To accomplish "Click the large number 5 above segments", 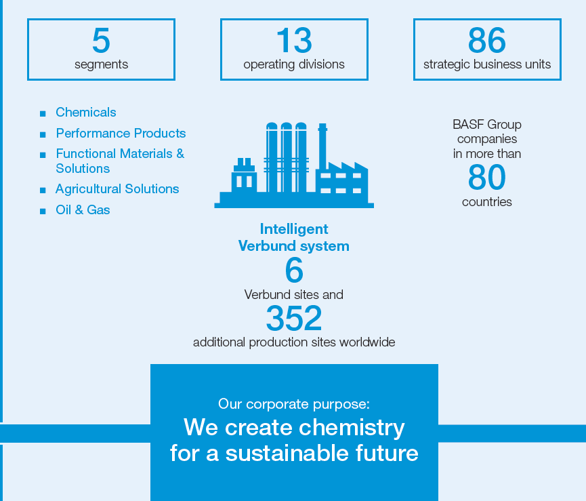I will click(101, 41).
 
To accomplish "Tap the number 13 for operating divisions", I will click(294, 41).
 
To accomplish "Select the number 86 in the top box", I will click(486, 41).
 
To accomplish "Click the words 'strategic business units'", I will click(486, 65).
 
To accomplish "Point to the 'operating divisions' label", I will click(294, 65).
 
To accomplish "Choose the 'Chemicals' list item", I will click(86, 113).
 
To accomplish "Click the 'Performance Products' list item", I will click(121, 134).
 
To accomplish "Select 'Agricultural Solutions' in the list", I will click(117, 189).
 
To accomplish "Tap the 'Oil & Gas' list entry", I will click(83, 210).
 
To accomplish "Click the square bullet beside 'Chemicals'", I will click(43, 114).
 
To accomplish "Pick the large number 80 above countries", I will click(486, 178).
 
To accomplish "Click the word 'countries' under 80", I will click(486, 202).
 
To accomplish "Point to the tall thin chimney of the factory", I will click(322, 146).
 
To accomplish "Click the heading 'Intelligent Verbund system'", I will click(294, 237).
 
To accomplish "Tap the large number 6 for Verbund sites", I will click(294, 271).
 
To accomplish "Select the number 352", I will click(294, 318).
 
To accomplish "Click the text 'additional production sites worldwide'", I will click(294, 342).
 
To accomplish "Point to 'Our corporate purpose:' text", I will click(294, 405).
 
